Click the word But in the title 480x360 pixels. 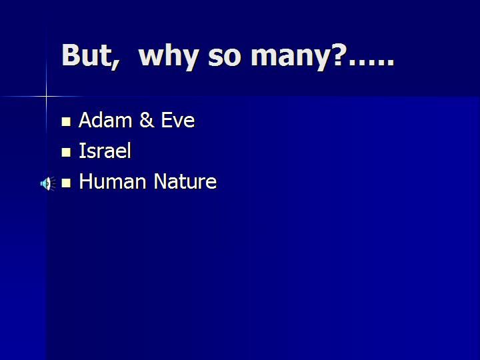click(87, 55)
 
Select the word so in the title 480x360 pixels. click(225, 58)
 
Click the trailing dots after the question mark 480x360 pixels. click(371, 63)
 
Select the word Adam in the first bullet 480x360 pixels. click(105, 120)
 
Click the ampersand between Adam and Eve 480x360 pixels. click(146, 120)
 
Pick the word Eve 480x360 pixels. click(177, 120)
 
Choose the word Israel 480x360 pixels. click(105, 151)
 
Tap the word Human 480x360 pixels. click(113, 181)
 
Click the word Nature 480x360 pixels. click(185, 181)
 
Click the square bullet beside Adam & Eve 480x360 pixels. click(66, 122)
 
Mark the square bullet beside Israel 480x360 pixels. click(66, 153)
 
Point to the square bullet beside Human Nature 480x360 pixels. click(66, 183)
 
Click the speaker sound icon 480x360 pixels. click(48, 184)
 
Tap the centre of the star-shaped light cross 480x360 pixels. click(47, 97)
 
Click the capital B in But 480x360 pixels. click(71, 55)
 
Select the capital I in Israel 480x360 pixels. click(81, 151)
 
